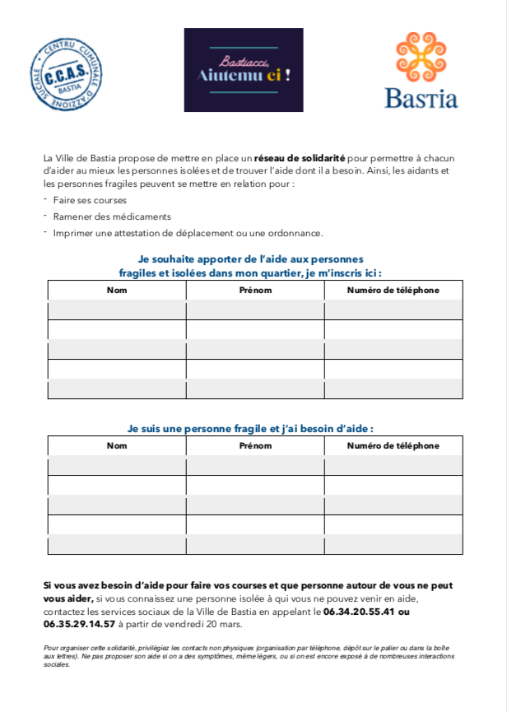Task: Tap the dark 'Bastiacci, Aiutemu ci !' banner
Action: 244,70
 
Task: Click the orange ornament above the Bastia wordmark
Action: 421,56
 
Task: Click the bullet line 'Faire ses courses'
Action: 89,200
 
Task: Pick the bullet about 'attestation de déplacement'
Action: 188,233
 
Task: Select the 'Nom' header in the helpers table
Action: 117,290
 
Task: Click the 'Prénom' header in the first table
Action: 255,290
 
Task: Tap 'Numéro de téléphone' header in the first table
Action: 393,290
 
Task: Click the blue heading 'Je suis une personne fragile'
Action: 250,428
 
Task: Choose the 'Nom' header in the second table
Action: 117,445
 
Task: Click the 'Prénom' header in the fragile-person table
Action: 255,445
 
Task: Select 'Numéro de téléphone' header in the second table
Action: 393,445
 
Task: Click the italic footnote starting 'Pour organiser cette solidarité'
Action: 247,656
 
